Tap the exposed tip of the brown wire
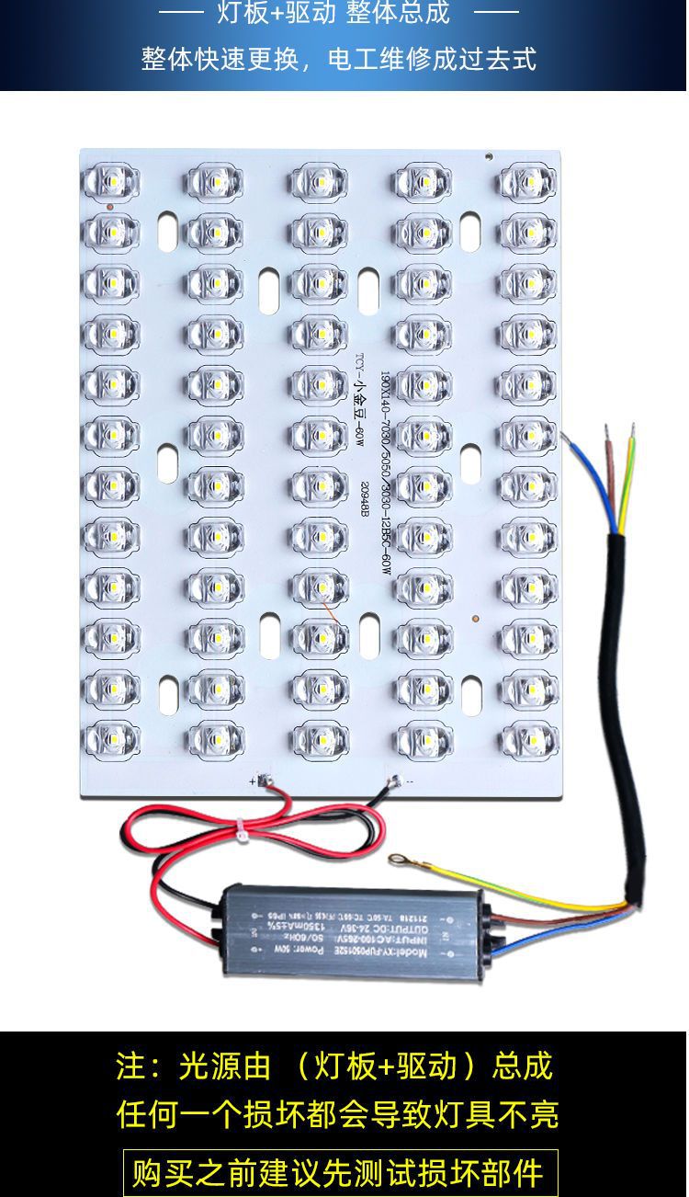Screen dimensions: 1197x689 [607, 430]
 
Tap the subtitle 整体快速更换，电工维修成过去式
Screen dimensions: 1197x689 [338, 59]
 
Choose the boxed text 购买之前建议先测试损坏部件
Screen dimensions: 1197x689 [340, 1173]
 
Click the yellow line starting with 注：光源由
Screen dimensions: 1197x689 [334, 1066]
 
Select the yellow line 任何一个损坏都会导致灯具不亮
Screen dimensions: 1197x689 [337, 1114]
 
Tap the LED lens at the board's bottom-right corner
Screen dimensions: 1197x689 [529, 736]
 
